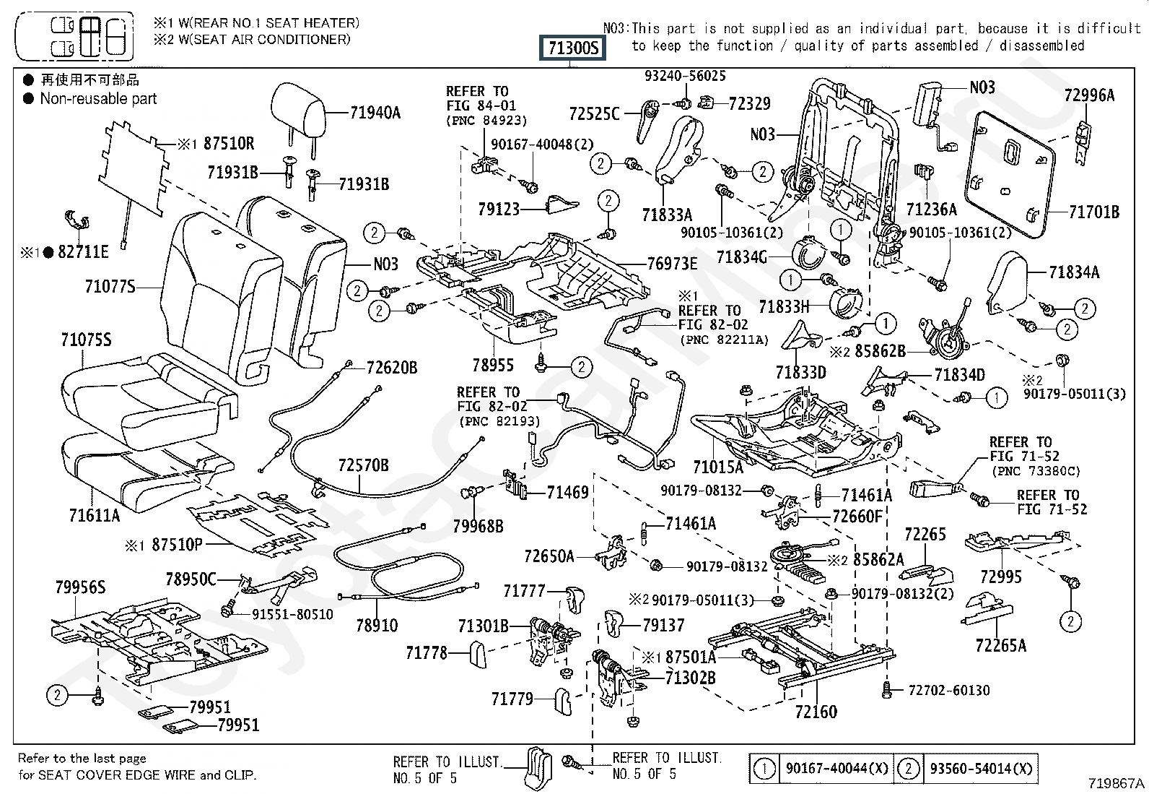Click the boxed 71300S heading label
tap(572, 48)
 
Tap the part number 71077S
tap(110, 287)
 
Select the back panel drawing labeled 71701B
tap(1010, 175)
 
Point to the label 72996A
tap(1089, 95)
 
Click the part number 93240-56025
tap(686, 76)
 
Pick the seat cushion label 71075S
tap(86, 340)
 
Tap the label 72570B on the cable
tap(363, 465)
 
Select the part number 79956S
tap(81, 587)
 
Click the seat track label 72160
tap(816, 712)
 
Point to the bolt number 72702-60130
tap(949, 690)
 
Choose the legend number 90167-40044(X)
tap(836, 768)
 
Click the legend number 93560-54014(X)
tap(981, 768)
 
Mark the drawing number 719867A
tap(1117, 783)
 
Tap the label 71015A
tap(718, 467)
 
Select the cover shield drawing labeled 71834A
tap(1007, 282)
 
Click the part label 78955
tap(493, 365)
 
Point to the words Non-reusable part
tap(98, 98)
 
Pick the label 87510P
tap(177, 545)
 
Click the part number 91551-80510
tap(292, 614)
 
